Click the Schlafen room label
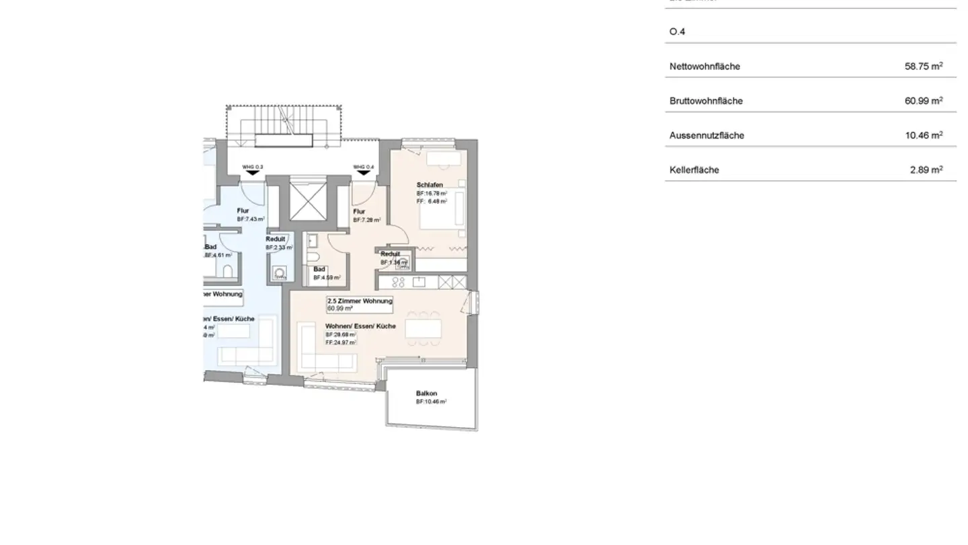430,185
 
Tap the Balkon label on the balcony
426,394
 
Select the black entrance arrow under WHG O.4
363,174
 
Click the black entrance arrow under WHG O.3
253,174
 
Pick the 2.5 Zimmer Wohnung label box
360,305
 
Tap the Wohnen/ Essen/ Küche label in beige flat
360,326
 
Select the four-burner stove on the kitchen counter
397,282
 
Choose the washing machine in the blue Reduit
279,274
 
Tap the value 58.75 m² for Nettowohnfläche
923,66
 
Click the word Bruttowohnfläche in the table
706,101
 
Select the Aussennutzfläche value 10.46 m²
923,135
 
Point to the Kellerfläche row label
694,170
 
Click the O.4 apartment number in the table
678,32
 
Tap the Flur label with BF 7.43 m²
243,211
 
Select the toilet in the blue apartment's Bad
227,270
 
